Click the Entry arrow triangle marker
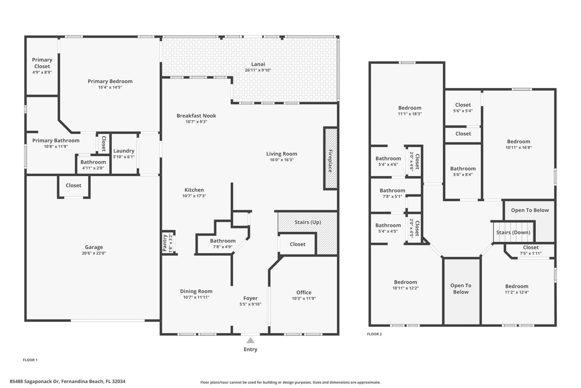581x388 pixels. point(250,340)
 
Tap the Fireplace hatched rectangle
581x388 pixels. point(330,159)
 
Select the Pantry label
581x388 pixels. point(165,243)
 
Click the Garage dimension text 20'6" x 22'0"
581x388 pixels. point(94,253)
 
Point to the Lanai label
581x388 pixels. point(258,64)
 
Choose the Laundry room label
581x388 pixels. point(124,151)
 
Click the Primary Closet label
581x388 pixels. point(42,63)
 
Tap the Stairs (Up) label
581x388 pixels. point(308,222)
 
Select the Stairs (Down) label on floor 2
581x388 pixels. point(513,232)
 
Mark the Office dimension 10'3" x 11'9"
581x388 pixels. point(304,298)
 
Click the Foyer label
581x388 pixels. point(251,298)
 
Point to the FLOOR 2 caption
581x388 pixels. point(374,334)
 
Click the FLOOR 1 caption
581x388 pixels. point(30,360)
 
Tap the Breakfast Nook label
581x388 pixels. point(196,115)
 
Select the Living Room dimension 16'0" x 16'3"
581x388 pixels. point(282,160)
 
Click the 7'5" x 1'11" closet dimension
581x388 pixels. point(531,253)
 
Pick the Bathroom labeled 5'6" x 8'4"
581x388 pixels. point(463,169)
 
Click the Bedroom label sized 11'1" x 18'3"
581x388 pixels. point(410,108)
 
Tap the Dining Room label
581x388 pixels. point(196,291)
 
